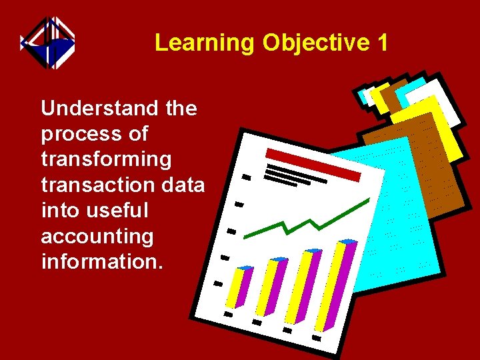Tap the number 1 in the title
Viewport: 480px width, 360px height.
coord(382,43)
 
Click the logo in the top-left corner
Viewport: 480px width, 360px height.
coord(47,43)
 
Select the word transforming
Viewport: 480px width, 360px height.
coord(106,160)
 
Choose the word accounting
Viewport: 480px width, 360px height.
coord(97,237)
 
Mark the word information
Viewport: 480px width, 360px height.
coord(101,261)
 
